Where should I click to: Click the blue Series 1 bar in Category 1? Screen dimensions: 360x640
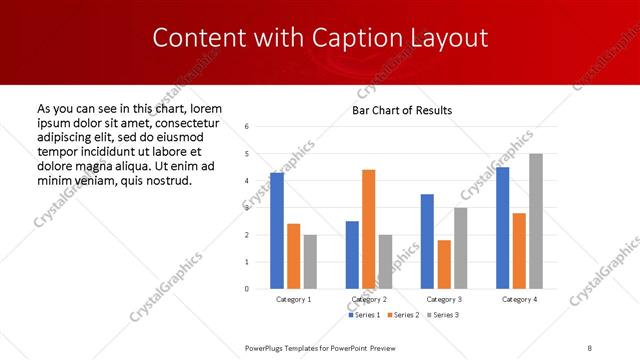pyautogui.click(x=277, y=230)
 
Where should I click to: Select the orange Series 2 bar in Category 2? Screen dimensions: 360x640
pyautogui.click(x=369, y=229)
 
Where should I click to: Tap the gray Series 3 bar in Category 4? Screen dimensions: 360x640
pyautogui.click(x=536, y=221)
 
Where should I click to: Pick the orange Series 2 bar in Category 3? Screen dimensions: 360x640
pyautogui.click(x=444, y=264)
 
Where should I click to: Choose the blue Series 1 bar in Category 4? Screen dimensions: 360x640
pyautogui.click(x=503, y=228)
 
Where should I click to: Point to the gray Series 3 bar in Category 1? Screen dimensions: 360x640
pyautogui.click(x=310, y=261)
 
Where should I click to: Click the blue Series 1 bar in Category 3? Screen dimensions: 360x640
pyautogui.click(x=427, y=241)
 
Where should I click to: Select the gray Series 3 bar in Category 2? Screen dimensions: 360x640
pyautogui.click(x=386, y=261)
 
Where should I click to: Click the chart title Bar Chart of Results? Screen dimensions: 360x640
pyautogui.click(x=402, y=110)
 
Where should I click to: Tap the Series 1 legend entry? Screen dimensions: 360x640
pyautogui.click(x=364, y=315)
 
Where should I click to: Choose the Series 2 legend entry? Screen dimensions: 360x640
pyautogui.click(x=402, y=315)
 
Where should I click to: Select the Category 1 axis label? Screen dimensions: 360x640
pyautogui.click(x=294, y=299)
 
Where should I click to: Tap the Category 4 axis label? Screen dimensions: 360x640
pyautogui.click(x=519, y=299)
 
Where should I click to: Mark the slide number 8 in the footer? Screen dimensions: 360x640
pyautogui.click(x=590, y=348)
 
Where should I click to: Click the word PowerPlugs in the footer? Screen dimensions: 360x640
pyautogui.click(x=268, y=348)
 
